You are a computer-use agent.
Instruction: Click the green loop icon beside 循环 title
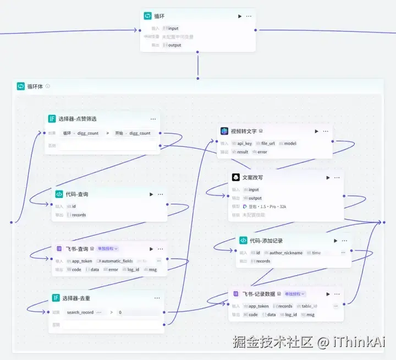click(x=147, y=16)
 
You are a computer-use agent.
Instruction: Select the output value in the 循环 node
click(x=174, y=45)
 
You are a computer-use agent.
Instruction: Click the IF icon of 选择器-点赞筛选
click(x=52, y=118)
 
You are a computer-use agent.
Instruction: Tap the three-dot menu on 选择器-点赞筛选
click(x=153, y=118)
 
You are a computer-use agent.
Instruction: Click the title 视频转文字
click(x=244, y=132)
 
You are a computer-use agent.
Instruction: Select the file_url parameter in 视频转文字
click(x=267, y=143)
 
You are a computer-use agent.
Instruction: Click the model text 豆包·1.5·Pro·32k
click(x=267, y=206)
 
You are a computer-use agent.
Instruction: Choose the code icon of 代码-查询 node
click(x=59, y=194)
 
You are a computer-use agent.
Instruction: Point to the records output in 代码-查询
click(x=79, y=215)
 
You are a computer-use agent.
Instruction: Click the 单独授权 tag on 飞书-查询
click(x=107, y=249)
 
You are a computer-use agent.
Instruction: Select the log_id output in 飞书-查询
click(x=133, y=270)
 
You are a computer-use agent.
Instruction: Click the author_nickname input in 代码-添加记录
click(x=285, y=253)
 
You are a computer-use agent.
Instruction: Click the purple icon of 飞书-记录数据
click(x=235, y=294)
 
